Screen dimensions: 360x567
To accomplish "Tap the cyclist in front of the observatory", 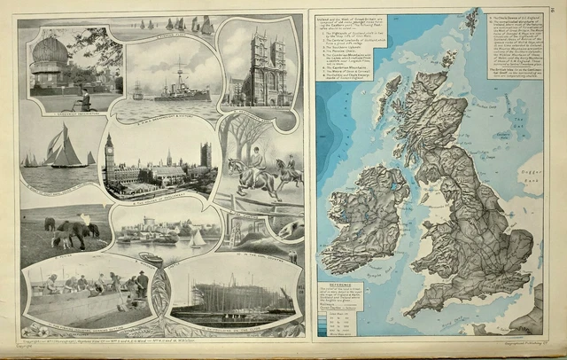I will [x=84, y=98].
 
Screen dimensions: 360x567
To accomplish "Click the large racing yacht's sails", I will [x=66, y=147].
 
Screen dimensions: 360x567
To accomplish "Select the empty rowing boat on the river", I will [x=151, y=258].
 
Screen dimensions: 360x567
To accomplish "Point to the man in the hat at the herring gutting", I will [x=142, y=281].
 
